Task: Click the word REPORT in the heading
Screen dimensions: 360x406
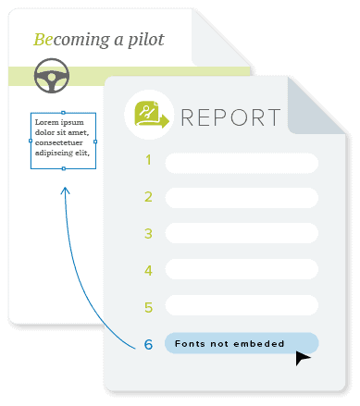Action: tap(230, 117)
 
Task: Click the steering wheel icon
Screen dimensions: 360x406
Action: tap(52, 76)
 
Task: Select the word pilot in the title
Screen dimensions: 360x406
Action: tap(146, 40)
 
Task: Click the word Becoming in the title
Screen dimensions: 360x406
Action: tap(71, 40)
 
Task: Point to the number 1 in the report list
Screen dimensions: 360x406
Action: tap(148, 160)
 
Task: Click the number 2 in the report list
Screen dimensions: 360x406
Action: tap(148, 197)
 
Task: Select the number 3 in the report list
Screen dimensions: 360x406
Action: tap(148, 234)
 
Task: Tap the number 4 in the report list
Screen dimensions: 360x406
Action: tap(148, 271)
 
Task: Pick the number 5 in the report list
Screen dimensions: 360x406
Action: tap(148, 307)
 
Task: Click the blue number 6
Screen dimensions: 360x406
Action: tap(148, 344)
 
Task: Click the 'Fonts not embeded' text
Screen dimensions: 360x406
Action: tap(230, 343)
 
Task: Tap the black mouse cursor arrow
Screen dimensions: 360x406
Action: tap(303, 358)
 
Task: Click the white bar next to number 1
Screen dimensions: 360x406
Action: tap(242, 163)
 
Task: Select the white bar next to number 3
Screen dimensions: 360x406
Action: tap(242, 233)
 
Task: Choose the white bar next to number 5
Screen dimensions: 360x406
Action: tap(242, 305)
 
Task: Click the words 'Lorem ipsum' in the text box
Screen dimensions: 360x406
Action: tap(59, 123)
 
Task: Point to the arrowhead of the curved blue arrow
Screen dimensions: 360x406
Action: tap(65, 190)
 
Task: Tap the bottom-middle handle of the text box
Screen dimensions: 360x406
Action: tap(64, 168)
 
